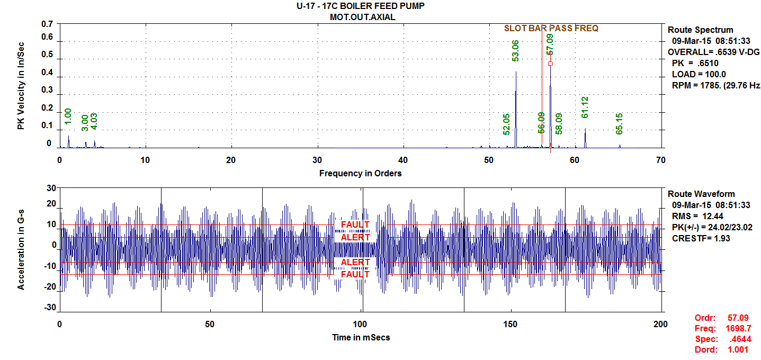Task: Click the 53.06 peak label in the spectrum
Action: click(x=515, y=51)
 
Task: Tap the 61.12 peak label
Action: click(x=585, y=107)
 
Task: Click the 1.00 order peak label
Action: click(x=68, y=117)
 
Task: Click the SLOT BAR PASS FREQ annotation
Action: click(x=551, y=28)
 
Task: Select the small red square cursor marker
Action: click(x=550, y=64)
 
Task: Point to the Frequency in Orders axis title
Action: click(x=360, y=173)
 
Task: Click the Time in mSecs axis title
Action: click(x=361, y=337)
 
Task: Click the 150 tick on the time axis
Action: click(x=511, y=324)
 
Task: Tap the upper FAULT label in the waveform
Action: click(x=355, y=224)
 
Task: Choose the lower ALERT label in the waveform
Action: click(x=355, y=263)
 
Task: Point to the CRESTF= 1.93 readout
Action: click(x=697, y=238)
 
